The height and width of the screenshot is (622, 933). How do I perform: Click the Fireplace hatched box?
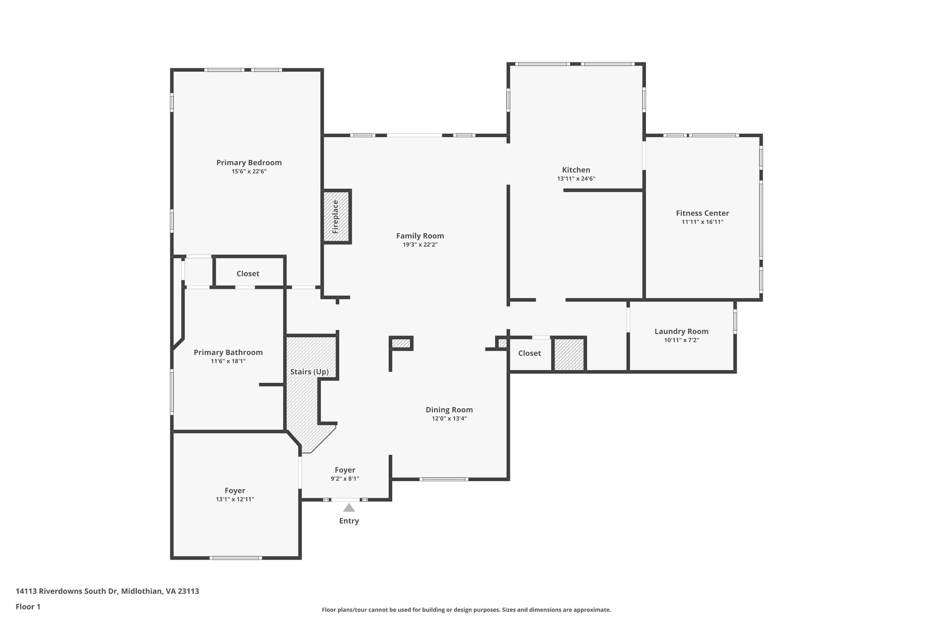point(336,216)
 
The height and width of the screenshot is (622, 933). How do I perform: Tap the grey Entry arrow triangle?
point(349,508)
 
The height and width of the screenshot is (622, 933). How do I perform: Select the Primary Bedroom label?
point(249,163)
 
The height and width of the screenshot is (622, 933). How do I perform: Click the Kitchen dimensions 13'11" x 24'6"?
point(576,179)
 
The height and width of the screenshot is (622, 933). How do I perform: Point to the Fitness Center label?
point(702,213)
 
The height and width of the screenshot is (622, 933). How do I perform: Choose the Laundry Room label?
point(681,332)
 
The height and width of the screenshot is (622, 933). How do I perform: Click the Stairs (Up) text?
point(309,372)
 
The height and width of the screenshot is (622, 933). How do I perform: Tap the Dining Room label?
point(449,410)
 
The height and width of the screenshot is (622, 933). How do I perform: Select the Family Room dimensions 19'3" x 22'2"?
point(420,245)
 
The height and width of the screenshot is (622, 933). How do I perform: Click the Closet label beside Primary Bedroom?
point(248,274)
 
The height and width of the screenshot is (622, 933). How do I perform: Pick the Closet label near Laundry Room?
point(529,353)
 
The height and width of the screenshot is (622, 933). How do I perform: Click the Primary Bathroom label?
point(228,353)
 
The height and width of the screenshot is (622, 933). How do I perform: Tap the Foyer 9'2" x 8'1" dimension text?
point(345,479)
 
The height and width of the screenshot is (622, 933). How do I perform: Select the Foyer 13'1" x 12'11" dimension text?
point(235,499)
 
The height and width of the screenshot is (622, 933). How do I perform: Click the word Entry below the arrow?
point(349,521)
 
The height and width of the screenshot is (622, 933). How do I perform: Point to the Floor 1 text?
point(28,607)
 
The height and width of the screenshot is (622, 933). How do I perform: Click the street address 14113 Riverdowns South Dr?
point(67,591)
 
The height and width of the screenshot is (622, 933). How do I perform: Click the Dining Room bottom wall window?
point(444,479)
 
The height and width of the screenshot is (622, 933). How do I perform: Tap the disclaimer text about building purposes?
point(466,610)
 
